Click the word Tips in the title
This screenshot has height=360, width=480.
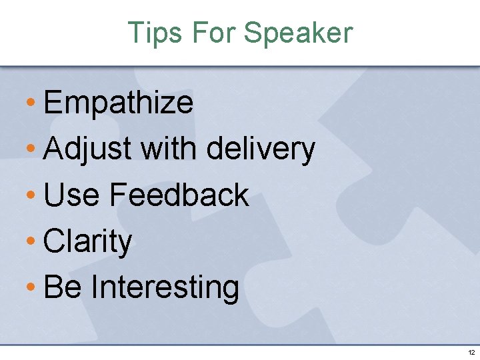point(153,33)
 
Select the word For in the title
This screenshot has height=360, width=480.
point(209,33)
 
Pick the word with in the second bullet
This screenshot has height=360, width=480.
point(169,149)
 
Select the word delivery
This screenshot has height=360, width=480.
point(261,149)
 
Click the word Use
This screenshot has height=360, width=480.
point(71,195)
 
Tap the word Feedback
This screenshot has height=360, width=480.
point(179,195)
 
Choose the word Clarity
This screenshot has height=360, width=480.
point(87,242)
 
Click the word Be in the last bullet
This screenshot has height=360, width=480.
point(62,287)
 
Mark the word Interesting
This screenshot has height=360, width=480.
point(165,288)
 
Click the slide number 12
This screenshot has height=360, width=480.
point(471,352)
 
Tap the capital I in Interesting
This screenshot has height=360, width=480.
point(94,287)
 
